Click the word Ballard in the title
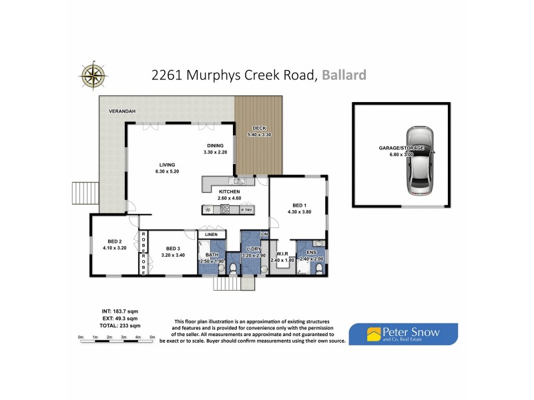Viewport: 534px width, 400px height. click(x=344, y=75)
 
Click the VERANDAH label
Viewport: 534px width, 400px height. click(x=122, y=113)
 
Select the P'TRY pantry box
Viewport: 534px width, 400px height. click(x=247, y=210)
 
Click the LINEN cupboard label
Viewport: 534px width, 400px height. click(x=212, y=235)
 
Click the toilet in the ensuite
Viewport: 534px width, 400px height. click(x=319, y=268)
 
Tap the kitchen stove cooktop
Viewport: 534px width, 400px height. click(x=226, y=209)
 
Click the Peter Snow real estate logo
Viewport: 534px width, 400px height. click(x=404, y=333)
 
